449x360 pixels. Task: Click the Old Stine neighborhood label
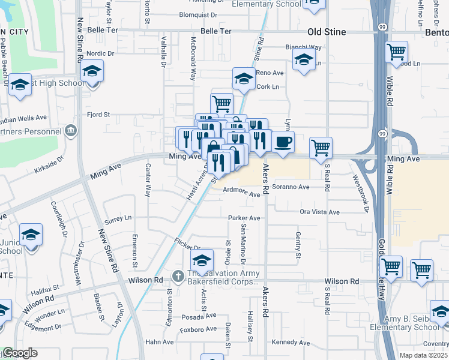(x=327, y=32)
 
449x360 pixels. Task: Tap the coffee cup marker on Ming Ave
(x=283, y=142)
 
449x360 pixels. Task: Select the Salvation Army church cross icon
(x=178, y=276)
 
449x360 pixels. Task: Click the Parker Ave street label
(x=244, y=218)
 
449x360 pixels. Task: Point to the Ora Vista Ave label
(x=320, y=212)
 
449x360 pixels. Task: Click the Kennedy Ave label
(x=291, y=343)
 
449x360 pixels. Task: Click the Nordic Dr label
(x=100, y=53)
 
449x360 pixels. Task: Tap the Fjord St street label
(x=98, y=114)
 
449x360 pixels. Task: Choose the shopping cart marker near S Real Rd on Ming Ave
(x=321, y=147)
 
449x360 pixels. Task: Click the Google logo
(x=19, y=353)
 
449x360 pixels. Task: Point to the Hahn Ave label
(x=160, y=342)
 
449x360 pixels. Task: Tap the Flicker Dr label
(x=187, y=247)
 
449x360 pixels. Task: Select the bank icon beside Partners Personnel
(x=71, y=131)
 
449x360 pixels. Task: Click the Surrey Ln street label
(x=118, y=219)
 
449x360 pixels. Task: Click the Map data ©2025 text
(x=423, y=355)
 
